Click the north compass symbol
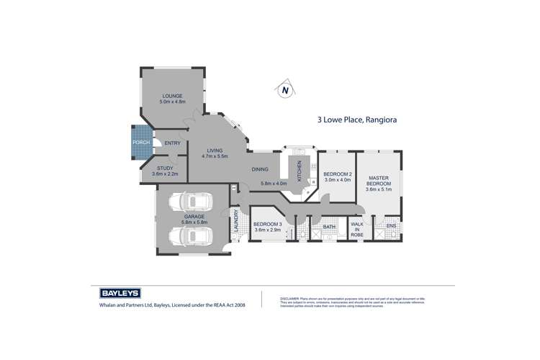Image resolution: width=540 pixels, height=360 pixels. [x=285, y=90]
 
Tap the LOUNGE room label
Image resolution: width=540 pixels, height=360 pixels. [x=172, y=96]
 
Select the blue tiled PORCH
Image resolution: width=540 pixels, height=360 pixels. [x=141, y=143]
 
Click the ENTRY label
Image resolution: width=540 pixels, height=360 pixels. [x=173, y=143]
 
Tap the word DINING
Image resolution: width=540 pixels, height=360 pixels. [x=260, y=169]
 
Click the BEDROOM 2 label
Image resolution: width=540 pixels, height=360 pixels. [x=337, y=174]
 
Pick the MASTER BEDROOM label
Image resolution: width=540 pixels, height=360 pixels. [x=379, y=181]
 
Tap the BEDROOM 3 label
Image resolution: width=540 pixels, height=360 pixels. [x=267, y=225]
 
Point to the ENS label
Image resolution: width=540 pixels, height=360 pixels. [x=392, y=228]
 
